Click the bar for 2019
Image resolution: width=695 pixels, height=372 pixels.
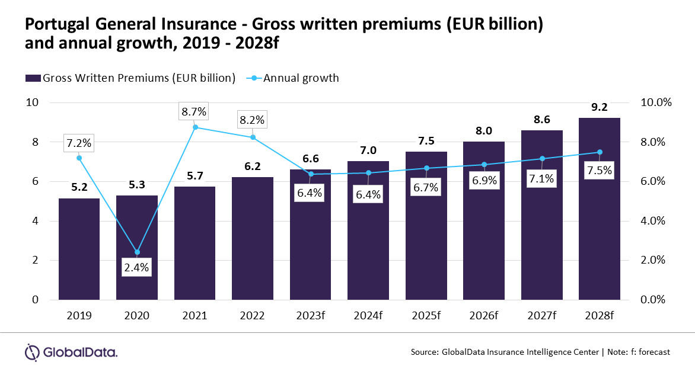pyautogui.click(x=79, y=249)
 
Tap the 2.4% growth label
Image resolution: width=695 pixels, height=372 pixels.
pyautogui.click(x=137, y=267)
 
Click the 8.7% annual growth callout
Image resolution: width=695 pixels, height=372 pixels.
pyautogui.click(x=195, y=111)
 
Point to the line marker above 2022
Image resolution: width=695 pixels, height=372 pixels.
pyautogui.click(x=253, y=137)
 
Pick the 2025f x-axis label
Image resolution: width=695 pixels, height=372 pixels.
pyautogui.click(x=426, y=315)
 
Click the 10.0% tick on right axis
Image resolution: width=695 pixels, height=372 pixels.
pyautogui.click(x=656, y=102)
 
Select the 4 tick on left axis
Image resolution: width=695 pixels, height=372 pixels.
pyautogui.click(x=34, y=221)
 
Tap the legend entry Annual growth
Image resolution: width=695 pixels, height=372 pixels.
pyautogui.click(x=301, y=78)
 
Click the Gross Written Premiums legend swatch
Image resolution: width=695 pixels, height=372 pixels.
pyautogui.click(x=33, y=78)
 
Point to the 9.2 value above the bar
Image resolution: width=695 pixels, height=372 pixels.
pyautogui.click(x=600, y=108)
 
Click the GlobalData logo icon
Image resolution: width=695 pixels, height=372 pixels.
pyautogui.click(x=32, y=351)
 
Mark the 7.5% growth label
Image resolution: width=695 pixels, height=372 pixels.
pyautogui.click(x=600, y=170)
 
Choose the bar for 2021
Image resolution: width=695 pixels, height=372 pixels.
pyautogui.click(x=195, y=243)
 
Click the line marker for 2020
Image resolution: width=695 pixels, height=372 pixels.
pyautogui.click(x=137, y=252)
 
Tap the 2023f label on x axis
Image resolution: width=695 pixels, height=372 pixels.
pyautogui.click(x=310, y=315)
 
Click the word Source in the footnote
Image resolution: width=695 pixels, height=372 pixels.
pyautogui.click(x=424, y=352)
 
